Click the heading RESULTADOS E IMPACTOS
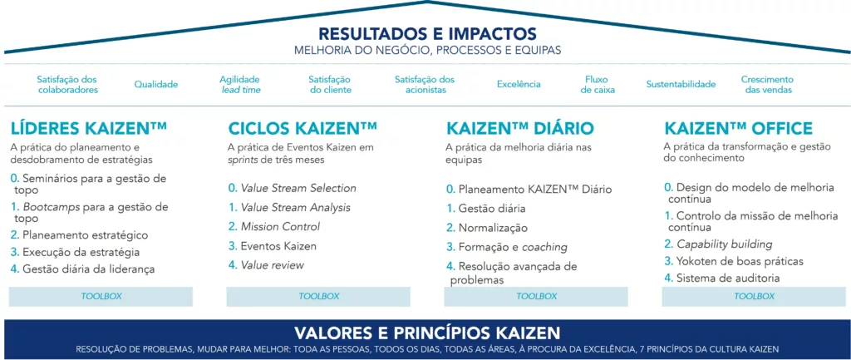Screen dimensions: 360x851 point(427,34)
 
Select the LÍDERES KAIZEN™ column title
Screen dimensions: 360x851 point(89,128)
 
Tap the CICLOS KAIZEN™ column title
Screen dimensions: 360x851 point(303,128)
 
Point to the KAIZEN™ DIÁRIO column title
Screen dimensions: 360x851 point(520,128)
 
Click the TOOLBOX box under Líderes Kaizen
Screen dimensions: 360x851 point(101,296)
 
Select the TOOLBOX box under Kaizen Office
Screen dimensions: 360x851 point(755,296)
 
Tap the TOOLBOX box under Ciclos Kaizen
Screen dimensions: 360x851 point(319,296)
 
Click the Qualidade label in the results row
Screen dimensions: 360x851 point(156,84)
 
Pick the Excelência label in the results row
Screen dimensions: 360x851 point(519,84)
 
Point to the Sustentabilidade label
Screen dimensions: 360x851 point(681,84)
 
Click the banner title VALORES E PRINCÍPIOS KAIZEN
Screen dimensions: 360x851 point(426,332)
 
